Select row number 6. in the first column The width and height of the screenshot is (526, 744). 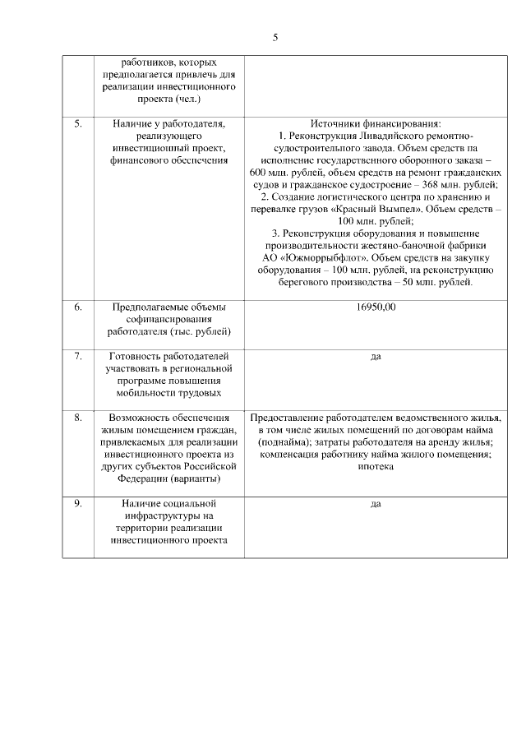tap(78, 307)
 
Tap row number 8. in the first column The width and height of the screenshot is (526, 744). tap(78, 418)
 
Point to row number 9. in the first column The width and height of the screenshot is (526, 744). tap(78, 504)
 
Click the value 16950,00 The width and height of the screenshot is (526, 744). tap(376, 307)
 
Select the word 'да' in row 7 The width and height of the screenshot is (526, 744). tap(376, 357)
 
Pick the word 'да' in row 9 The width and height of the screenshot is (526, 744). tap(376, 504)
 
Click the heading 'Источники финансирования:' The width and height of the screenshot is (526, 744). tap(376, 123)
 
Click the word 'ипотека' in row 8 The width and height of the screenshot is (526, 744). tap(376, 466)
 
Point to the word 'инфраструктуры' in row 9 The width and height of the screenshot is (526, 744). tap(168, 515)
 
